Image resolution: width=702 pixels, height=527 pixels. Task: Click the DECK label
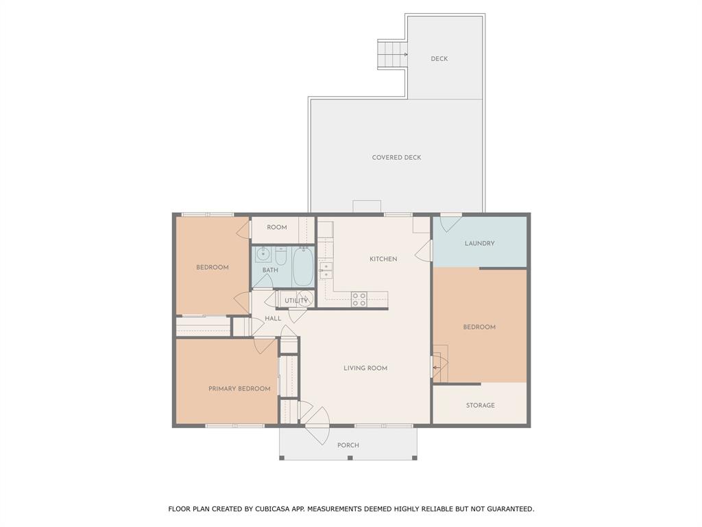coord(439,59)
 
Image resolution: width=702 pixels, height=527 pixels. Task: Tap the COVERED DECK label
coord(396,158)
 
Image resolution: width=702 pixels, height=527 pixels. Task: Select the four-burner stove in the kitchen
coord(359,299)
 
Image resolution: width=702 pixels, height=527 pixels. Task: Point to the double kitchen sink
coord(326,270)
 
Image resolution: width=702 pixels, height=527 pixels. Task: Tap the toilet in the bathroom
coord(280,256)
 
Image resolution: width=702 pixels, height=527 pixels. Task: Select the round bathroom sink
coord(263,255)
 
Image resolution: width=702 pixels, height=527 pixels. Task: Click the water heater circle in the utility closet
coord(306,299)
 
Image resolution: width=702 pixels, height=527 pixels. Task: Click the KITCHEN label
coord(383,259)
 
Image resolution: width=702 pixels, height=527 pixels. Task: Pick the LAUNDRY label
coord(479,244)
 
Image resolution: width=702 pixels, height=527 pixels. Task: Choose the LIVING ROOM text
coord(365,368)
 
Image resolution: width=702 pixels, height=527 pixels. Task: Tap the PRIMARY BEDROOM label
coord(239,389)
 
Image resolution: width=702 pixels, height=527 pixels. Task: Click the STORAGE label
coord(480,406)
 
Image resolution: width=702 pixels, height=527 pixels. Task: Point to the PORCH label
coord(348,445)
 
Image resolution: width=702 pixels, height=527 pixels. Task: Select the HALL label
coord(273,318)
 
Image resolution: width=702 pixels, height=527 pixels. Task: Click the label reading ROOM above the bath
coord(277,228)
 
